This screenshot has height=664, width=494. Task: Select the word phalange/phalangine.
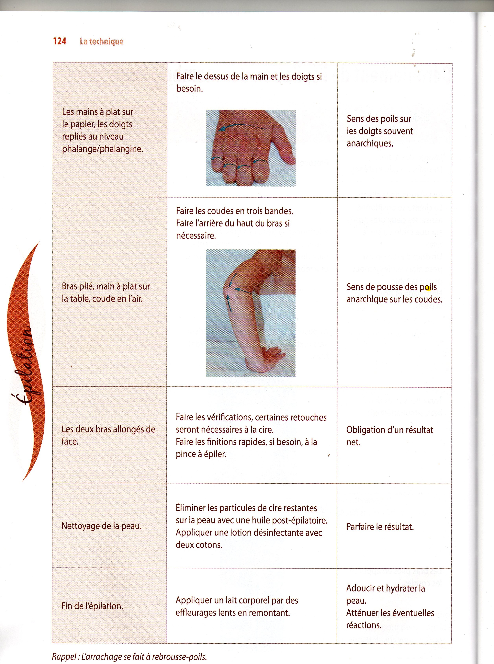(x=102, y=149)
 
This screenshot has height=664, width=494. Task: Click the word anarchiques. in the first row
(x=370, y=143)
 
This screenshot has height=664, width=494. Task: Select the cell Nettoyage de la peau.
(x=101, y=526)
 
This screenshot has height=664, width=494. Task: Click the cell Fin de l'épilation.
(x=92, y=606)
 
